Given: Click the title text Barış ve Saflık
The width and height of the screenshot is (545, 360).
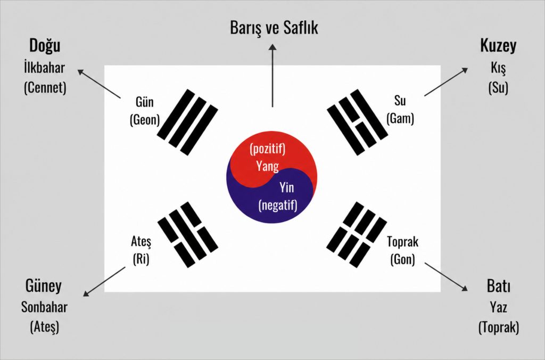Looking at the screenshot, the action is click(274, 28).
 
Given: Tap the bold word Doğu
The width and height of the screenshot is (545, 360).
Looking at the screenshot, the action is click(45, 46).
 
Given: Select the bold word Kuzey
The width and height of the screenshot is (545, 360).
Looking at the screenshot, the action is click(498, 46).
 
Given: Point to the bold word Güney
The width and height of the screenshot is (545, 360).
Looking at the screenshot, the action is click(44, 287).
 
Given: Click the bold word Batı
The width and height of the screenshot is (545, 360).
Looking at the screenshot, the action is click(498, 286).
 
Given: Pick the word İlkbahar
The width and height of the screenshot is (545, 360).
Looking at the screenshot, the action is click(44, 67).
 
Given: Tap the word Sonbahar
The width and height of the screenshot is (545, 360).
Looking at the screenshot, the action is click(44, 307).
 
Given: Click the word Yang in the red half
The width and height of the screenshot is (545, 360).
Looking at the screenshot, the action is click(267, 166).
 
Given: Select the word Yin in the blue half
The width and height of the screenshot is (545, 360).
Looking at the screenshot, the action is click(287, 187).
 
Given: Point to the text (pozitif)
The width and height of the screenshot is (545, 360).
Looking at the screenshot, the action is click(268, 149).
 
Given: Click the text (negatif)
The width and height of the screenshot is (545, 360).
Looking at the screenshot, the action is click(278, 204).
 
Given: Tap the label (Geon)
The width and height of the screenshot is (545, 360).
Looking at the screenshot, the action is click(145, 120).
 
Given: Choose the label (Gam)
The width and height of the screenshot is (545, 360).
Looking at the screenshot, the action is click(400, 118).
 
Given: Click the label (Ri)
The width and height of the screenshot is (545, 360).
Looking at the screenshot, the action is click(141, 258).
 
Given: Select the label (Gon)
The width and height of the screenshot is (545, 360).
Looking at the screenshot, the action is click(402, 259).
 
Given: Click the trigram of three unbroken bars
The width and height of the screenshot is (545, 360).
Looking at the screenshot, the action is click(187, 122).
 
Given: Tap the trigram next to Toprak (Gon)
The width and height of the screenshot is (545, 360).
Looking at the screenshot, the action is click(357, 234).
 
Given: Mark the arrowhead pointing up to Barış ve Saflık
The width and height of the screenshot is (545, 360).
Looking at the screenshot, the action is click(273, 47).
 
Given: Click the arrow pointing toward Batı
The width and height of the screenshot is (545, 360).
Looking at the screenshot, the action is click(447, 277).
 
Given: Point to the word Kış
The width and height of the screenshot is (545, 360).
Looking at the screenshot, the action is click(498, 68).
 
